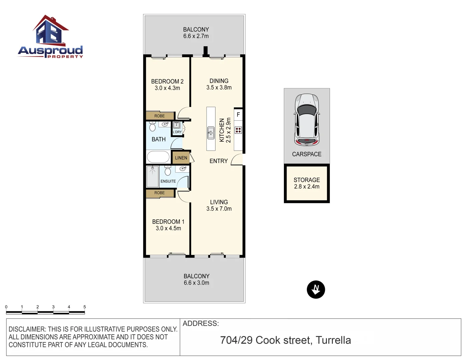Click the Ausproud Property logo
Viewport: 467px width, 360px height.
(50, 37)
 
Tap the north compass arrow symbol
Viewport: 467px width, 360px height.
(316, 290)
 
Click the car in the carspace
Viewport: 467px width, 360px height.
(307, 120)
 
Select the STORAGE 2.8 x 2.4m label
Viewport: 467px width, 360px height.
(307, 183)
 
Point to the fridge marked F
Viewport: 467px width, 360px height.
(238, 115)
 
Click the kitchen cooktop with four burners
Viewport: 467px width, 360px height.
(238, 130)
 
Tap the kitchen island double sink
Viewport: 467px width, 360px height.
(211, 133)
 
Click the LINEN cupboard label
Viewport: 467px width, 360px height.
(181, 158)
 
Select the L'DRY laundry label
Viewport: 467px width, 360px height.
(177, 132)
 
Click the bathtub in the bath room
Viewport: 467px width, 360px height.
(158, 157)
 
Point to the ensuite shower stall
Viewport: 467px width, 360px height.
(153, 177)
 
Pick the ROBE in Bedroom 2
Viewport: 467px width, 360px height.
(159, 116)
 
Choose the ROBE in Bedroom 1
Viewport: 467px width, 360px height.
(159, 193)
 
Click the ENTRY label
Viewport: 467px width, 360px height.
(218, 161)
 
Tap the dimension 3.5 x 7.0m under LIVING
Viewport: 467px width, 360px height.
(219, 209)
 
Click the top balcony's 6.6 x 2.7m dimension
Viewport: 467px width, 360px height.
(196, 36)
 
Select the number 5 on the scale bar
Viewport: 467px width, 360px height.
(84, 307)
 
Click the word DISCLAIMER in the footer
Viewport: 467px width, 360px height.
(27, 329)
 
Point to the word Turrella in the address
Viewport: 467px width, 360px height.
(333, 340)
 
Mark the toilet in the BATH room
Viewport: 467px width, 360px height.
(152, 127)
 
